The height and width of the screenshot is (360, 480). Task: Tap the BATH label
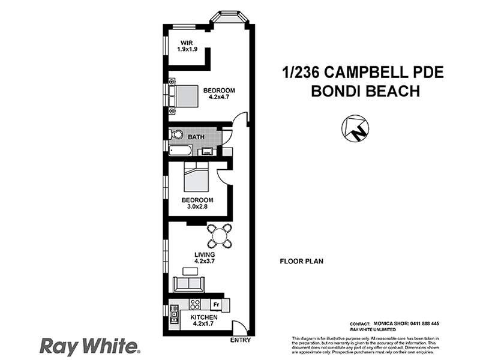click(x=196, y=137)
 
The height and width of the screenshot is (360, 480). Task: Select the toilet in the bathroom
click(x=175, y=134)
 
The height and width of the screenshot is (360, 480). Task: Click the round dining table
click(x=220, y=236)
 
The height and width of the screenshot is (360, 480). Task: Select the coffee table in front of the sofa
click(x=190, y=269)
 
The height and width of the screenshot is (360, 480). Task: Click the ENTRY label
click(x=240, y=341)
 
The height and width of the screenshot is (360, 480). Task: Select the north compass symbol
click(x=354, y=128)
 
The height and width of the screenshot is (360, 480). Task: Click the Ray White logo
click(x=89, y=346)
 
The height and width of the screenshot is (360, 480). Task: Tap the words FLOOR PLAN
click(x=301, y=262)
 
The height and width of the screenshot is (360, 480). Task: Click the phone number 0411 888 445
click(x=427, y=322)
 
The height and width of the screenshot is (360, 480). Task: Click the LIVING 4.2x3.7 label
click(x=204, y=258)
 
